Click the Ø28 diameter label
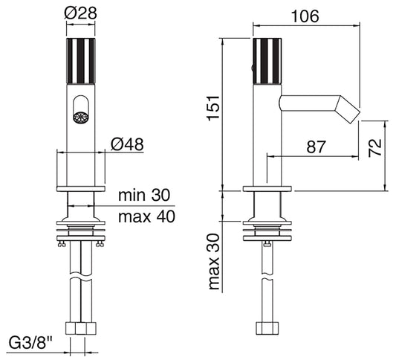tap(80, 13)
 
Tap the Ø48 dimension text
tap(127, 144)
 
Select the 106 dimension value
tap(305, 16)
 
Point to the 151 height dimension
tap(212, 108)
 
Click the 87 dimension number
tap(317, 147)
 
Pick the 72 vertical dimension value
tap(374, 148)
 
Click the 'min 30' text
tap(144, 195)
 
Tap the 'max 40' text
tap(146, 216)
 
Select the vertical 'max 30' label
tap(214, 261)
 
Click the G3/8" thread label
tap(30, 344)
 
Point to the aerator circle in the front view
tap(81, 118)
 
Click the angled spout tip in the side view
tap(347, 109)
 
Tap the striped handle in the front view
tap(81, 61)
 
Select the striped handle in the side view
tap(267, 61)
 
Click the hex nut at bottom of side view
tap(267, 328)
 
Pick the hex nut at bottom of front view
tap(81, 328)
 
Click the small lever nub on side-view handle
tap(252, 68)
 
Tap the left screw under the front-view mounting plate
tap(62, 244)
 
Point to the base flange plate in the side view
tap(267, 189)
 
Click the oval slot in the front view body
tap(81, 109)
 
